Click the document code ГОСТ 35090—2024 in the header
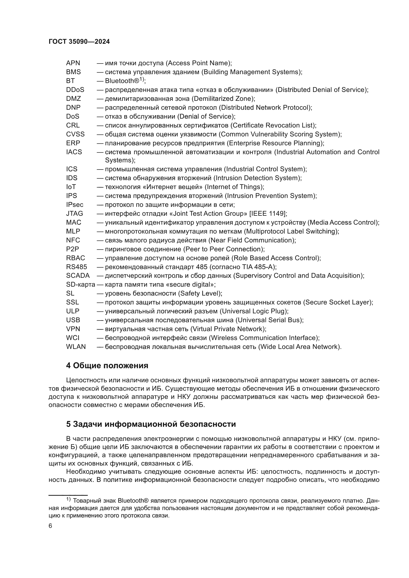click(x=79, y=42)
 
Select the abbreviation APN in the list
click(x=73, y=63)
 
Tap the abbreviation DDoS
click(x=75, y=90)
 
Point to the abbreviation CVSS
click(x=75, y=134)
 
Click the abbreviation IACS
click(x=74, y=152)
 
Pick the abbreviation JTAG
click(x=74, y=214)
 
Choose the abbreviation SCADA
click(x=78, y=276)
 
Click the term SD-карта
click(x=81, y=284)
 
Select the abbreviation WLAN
click(x=76, y=347)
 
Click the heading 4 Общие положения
click(x=107, y=365)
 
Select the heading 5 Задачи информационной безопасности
click(x=151, y=424)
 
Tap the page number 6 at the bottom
click(x=50, y=526)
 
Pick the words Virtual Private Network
click(x=228, y=329)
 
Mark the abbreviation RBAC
click(x=76, y=258)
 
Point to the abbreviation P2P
click(x=72, y=249)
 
